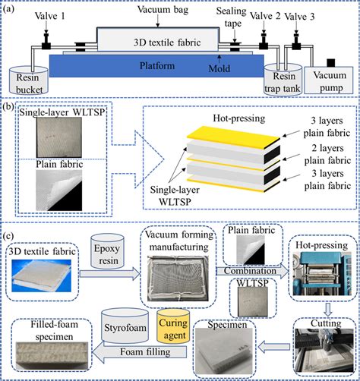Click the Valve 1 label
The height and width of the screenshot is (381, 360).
[50, 16]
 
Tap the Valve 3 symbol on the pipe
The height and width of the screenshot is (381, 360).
[296, 42]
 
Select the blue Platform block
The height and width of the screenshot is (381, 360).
[156, 66]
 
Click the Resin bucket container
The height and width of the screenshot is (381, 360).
[29, 80]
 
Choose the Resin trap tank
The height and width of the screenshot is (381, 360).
[283, 80]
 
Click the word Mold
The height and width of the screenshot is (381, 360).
[219, 68]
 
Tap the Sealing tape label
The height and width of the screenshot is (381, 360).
[232, 17]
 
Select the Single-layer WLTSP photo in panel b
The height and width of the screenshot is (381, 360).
[59, 137]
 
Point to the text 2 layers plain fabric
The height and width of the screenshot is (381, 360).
[327, 154]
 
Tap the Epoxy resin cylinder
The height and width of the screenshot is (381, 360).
[107, 251]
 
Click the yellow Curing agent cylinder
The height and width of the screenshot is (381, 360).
[173, 326]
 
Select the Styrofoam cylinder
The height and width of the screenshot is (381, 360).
[125, 326]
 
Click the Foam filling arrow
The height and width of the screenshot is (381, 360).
[139, 352]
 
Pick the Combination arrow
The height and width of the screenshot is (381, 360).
[252, 271]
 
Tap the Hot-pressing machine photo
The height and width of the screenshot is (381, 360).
[322, 273]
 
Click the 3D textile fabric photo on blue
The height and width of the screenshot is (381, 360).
[42, 276]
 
